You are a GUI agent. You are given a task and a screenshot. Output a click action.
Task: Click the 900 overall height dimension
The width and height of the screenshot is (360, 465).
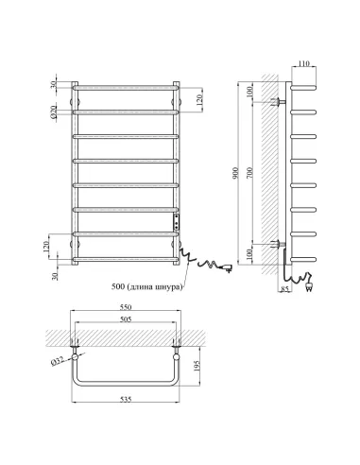click(236, 173)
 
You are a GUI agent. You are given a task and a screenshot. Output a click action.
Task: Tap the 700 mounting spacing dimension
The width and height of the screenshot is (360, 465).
click(249, 173)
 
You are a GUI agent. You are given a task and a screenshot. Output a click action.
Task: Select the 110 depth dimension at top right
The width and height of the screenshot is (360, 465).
click(303, 63)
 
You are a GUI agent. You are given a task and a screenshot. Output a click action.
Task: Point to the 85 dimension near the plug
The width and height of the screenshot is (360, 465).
click(285, 288)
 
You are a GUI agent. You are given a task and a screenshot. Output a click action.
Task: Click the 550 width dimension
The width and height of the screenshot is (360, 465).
click(126, 307)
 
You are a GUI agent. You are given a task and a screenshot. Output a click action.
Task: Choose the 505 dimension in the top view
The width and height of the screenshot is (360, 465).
click(126, 319)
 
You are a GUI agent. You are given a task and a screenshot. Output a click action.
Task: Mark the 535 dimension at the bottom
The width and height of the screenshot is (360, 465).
click(126, 400)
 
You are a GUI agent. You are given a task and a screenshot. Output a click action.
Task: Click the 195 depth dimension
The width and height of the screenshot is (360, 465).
click(197, 366)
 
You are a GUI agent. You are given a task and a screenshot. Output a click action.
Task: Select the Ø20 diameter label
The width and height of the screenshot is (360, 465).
click(54, 112)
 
